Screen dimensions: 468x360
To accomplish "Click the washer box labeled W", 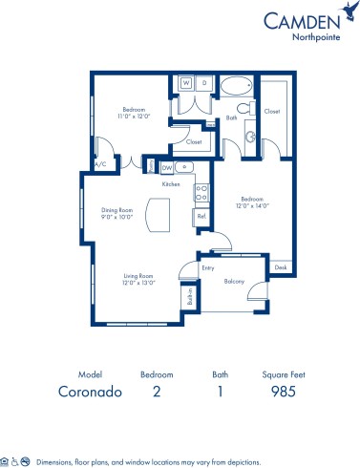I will [187, 83].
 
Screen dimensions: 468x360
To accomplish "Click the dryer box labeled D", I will [203, 83].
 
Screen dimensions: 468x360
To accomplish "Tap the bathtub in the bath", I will [234, 87].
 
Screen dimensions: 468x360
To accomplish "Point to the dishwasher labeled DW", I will [167, 168].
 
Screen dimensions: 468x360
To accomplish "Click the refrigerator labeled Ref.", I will [201, 217].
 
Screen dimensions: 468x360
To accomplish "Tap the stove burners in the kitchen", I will [201, 193].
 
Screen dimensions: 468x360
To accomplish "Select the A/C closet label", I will [100, 164].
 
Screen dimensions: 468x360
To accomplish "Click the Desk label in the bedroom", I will [280, 267].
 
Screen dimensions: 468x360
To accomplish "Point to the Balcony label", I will [235, 281].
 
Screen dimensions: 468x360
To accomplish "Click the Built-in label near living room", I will [191, 298].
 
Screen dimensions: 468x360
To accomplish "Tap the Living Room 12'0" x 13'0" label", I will [138, 280].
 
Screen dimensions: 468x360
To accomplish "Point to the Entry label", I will [208, 267].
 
